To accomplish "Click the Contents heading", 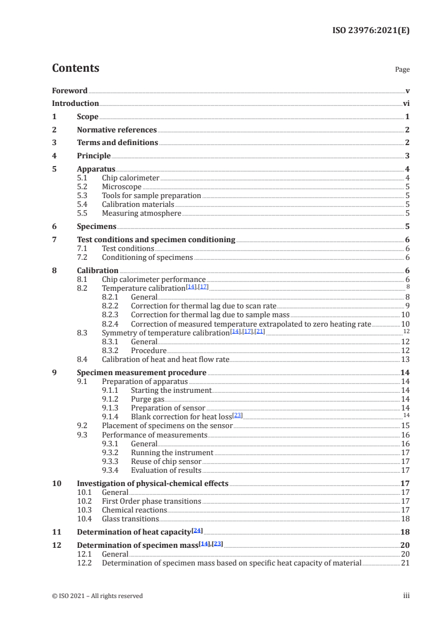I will click(75, 68).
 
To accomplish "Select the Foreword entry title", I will click(69, 90).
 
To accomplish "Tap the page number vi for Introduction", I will click(406, 103).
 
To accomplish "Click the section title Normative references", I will click(117, 130).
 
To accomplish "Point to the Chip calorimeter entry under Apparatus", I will click(131, 178).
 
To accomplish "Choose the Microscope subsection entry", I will click(122, 187).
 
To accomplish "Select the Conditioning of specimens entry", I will click(147, 258).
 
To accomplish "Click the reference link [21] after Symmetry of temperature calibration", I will click(260, 332).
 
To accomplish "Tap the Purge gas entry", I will click(147, 399).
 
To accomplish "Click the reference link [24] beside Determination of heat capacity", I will click(197, 531).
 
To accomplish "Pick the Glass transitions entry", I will click(131, 519).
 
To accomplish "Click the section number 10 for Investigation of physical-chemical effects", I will click(57, 483).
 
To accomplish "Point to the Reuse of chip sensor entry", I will click(166, 461).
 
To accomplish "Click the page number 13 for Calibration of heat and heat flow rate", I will click(405, 360).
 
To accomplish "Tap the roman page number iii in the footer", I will click(406, 596).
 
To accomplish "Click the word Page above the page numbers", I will click(402, 70).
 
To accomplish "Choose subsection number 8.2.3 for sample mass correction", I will click(112, 315).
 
